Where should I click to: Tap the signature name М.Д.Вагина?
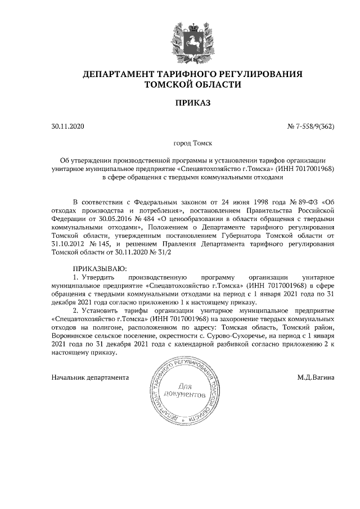[316, 377]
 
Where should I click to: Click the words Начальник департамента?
[90, 377]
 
